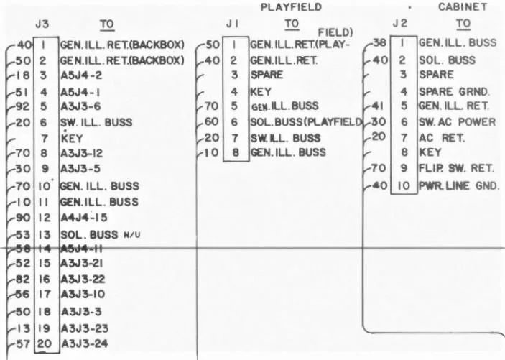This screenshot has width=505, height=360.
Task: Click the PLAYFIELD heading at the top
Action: pyautogui.click(x=290, y=7)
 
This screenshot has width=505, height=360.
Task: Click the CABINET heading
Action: pyautogui.click(x=462, y=7)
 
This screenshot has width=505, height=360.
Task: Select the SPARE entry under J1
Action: pyautogui.click(x=267, y=75)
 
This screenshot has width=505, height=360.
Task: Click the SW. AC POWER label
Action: pyautogui.click(x=457, y=123)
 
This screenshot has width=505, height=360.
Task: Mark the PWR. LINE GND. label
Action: pyautogui.click(x=458, y=186)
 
